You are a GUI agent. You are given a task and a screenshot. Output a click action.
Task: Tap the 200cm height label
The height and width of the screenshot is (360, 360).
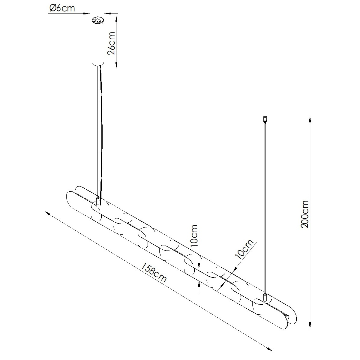click(304, 214)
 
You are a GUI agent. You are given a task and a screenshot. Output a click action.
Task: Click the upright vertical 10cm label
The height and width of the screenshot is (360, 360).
click(194, 236)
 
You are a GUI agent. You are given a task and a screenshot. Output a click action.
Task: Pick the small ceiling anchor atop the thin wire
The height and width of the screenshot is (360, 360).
click(265, 118)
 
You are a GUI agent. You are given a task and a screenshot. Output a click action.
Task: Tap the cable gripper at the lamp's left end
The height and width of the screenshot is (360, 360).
click(98, 201)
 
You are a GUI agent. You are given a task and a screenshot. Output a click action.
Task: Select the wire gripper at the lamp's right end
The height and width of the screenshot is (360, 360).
click(265, 297)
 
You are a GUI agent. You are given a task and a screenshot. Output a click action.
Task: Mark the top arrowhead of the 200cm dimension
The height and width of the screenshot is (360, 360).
click(310, 119)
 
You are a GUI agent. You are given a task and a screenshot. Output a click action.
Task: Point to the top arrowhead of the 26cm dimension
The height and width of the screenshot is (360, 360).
click(116, 17)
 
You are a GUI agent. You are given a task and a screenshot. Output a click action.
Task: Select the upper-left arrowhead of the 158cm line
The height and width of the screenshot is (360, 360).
click(48, 213)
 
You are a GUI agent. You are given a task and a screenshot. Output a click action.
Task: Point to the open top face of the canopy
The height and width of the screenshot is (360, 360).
click(98, 20)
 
